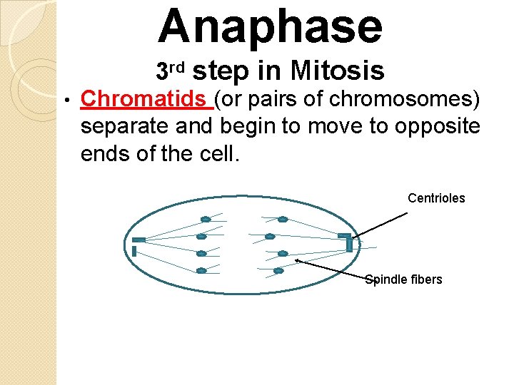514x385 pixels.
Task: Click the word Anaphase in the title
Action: click(x=271, y=27)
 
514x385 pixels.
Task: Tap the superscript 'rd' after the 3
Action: click(x=178, y=68)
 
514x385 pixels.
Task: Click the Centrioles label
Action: click(x=435, y=198)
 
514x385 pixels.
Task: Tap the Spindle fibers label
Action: click(x=403, y=279)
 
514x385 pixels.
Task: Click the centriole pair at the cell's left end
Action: click(x=136, y=245)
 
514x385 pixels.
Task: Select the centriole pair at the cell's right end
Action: click(x=346, y=242)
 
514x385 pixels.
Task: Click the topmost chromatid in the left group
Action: click(x=206, y=219)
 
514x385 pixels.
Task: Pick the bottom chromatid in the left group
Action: click(x=201, y=270)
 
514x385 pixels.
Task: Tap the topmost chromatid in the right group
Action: click(x=283, y=219)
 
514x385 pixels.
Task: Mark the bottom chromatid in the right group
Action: click(x=278, y=270)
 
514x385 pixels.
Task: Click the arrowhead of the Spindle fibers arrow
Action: click(x=298, y=262)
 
